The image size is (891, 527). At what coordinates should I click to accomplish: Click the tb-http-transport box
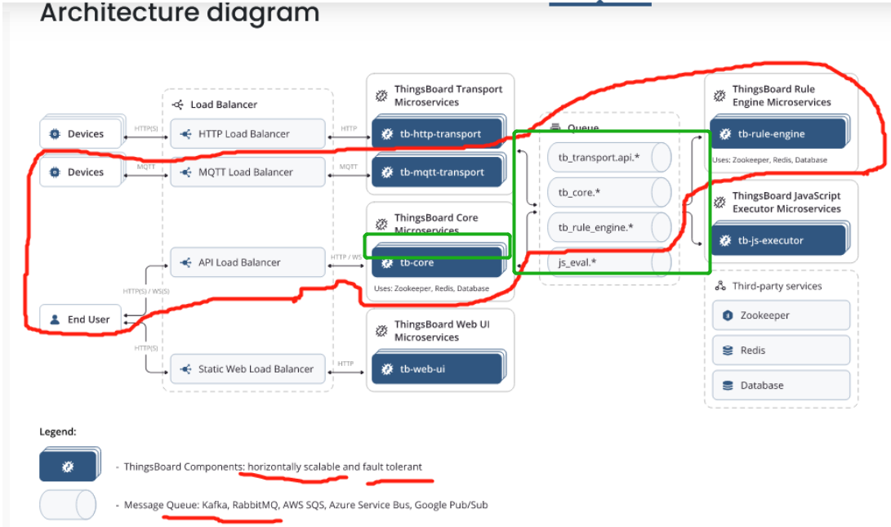pyautogui.click(x=439, y=133)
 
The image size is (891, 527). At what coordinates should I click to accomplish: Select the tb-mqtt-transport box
pyautogui.click(x=439, y=172)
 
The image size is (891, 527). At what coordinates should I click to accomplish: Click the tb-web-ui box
pyautogui.click(x=439, y=368)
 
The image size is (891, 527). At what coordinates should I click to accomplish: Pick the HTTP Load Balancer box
pyautogui.click(x=247, y=134)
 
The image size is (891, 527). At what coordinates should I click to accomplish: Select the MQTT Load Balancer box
pyautogui.click(x=247, y=172)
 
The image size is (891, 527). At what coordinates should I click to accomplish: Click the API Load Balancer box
pyautogui.click(x=247, y=262)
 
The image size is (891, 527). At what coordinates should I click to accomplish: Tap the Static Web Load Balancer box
pyautogui.click(x=247, y=369)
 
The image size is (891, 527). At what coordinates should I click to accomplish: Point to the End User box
pyautogui.click(x=81, y=319)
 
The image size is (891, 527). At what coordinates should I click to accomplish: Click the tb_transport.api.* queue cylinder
pyautogui.click(x=609, y=158)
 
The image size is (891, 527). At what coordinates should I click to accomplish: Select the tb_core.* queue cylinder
pyautogui.click(x=609, y=192)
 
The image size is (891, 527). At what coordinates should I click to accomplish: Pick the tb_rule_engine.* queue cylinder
pyautogui.click(x=609, y=227)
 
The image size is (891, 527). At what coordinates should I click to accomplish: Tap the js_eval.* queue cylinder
pyautogui.click(x=609, y=262)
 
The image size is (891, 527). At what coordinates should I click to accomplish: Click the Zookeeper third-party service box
pyautogui.click(x=782, y=315)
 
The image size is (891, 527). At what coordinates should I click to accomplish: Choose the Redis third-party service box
pyautogui.click(x=782, y=351)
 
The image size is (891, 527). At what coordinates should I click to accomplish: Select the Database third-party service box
pyautogui.click(x=782, y=385)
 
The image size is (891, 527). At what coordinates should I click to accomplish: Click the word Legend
pyautogui.click(x=57, y=431)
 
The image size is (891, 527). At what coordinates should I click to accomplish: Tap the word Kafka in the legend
pyautogui.click(x=215, y=505)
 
